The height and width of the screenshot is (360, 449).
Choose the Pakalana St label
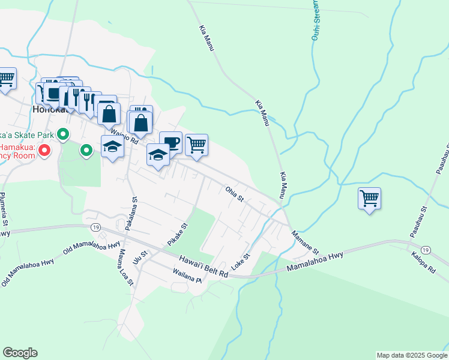tap(131, 214)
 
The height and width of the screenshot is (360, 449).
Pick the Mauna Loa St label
tap(125, 267)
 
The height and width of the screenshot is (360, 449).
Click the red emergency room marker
tap(44, 151)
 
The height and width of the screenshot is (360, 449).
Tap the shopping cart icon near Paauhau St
tap(369, 199)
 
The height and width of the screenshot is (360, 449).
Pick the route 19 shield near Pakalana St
tap(96, 227)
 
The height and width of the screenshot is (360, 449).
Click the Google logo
tap(20, 353)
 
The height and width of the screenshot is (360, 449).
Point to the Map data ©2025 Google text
tap(411, 355)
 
